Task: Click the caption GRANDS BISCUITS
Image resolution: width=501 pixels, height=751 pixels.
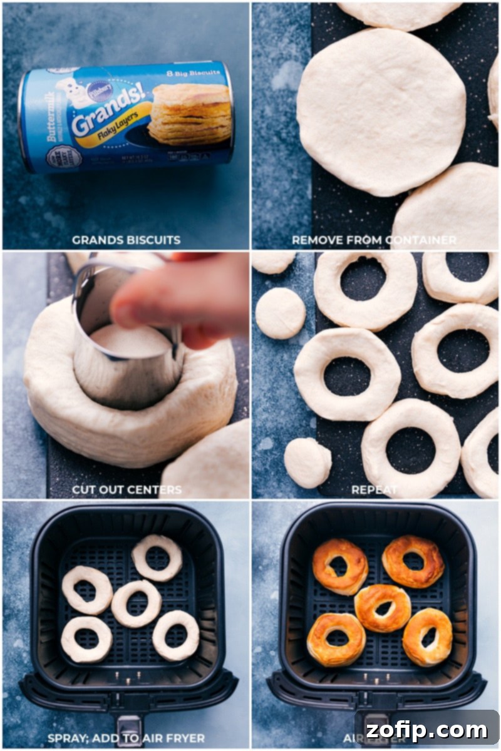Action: click(126, 240)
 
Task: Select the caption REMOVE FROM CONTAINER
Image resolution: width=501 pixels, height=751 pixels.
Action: click(374, 240)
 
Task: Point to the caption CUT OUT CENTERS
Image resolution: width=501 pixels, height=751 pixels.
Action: click(127, 489)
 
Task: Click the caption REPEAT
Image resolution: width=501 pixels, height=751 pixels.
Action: click(374, 489)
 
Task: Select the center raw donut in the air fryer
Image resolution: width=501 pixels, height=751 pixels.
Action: click(136, 603)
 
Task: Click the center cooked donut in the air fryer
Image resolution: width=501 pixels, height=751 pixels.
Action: click(383, 607)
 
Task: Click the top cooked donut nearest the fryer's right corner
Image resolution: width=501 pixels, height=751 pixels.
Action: click(413, 561)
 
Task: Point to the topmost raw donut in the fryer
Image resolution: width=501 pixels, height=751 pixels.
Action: click(157, 557)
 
